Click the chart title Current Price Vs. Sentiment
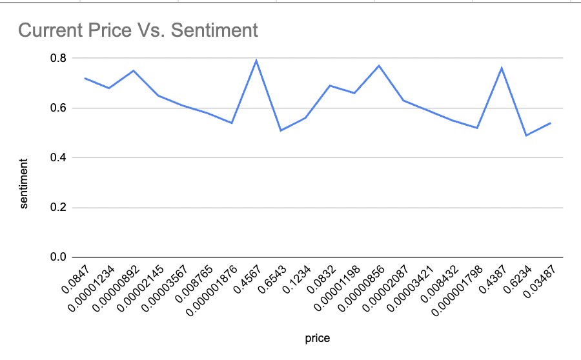coord(138,30)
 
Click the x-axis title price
coord(318,337)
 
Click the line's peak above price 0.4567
coord(256,61)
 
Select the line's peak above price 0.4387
coord(502,68)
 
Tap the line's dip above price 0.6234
coord(526,135)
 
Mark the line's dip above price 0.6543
coord(281,130)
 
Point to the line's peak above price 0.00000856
coord(379,66)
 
